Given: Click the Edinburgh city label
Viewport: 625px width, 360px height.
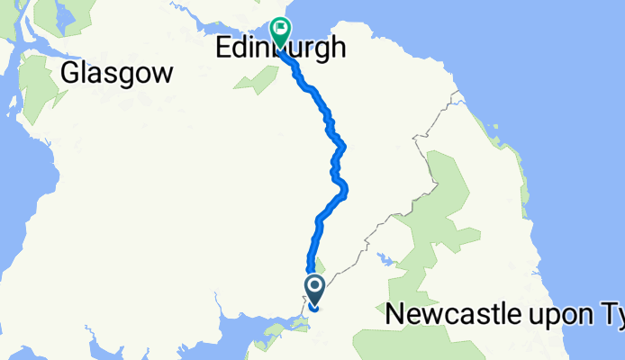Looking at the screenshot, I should tap(281, 48).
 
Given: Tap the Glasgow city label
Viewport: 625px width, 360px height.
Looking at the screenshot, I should tap(116, 74).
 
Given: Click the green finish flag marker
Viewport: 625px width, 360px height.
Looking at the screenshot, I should tap(280, 33).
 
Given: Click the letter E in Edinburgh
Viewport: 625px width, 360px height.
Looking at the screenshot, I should tap(224, 48).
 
